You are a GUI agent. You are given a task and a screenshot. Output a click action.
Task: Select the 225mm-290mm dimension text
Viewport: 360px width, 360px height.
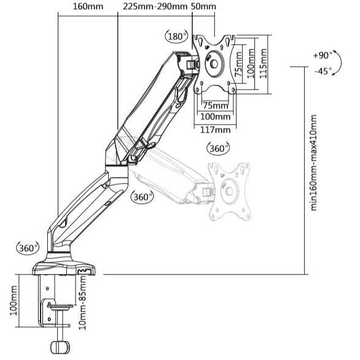155,7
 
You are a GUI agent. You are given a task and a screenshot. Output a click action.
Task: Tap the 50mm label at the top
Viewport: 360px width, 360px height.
203,7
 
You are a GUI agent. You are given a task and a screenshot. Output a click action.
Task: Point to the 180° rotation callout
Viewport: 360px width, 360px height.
177,37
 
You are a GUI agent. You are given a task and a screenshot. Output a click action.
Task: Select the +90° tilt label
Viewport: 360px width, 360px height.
322,55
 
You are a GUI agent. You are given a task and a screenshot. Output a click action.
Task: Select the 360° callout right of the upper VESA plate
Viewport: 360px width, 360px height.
218,148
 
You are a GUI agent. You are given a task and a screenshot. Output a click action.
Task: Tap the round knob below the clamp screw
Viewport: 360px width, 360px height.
61,348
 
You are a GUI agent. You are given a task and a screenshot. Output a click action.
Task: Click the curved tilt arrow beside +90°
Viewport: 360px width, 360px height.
337,63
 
